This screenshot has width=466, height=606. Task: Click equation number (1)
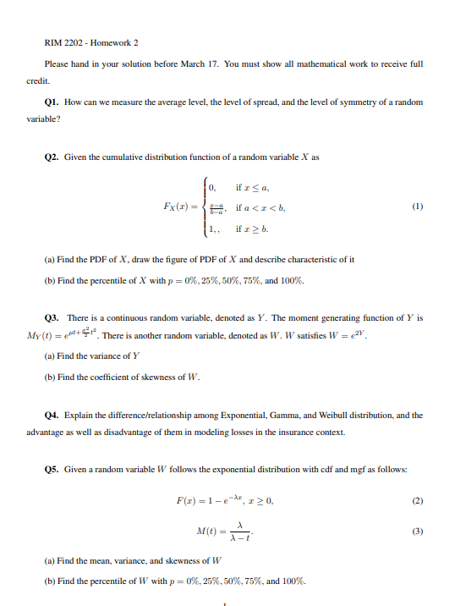[417, 206]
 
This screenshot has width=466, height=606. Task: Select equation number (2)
[417, 500]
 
